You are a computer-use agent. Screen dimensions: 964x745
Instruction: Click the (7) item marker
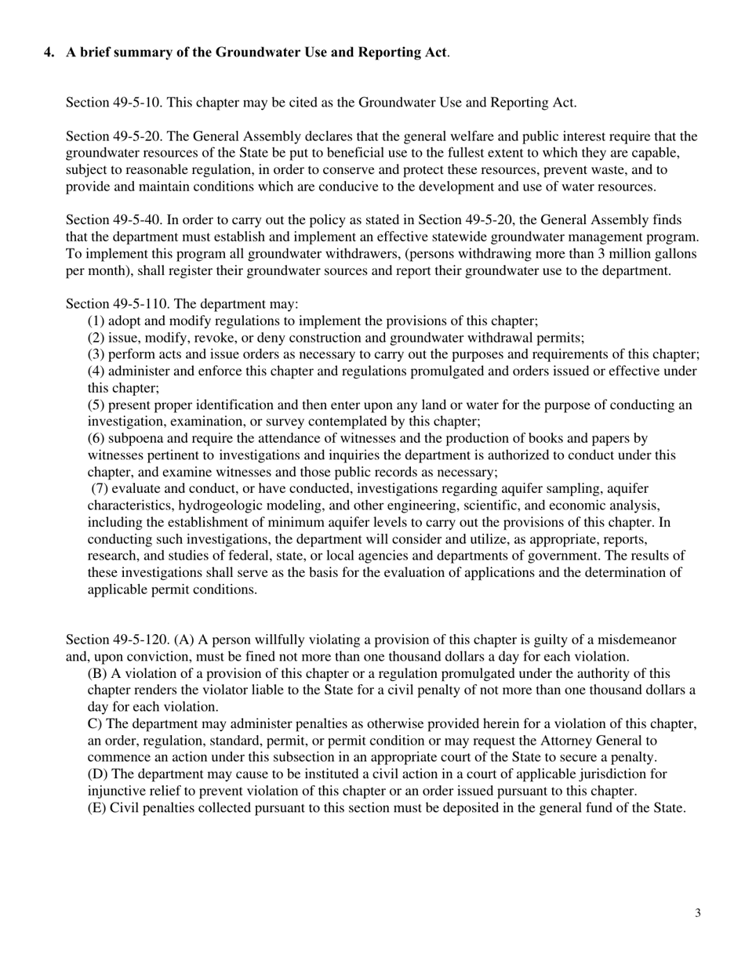coord(98,489)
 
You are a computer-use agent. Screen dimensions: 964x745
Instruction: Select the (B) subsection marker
coord(96,674)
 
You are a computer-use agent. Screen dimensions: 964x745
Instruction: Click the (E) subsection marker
coord(96,808)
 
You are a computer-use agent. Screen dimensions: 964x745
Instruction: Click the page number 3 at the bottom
coord(697,913)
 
